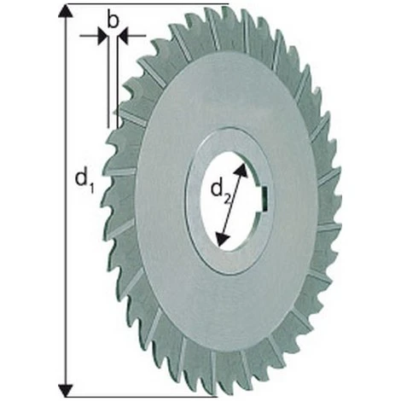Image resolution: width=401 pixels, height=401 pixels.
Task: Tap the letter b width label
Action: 113,20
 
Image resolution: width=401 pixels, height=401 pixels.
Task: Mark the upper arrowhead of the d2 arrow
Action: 245,170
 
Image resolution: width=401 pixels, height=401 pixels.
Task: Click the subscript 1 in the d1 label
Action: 89,185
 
